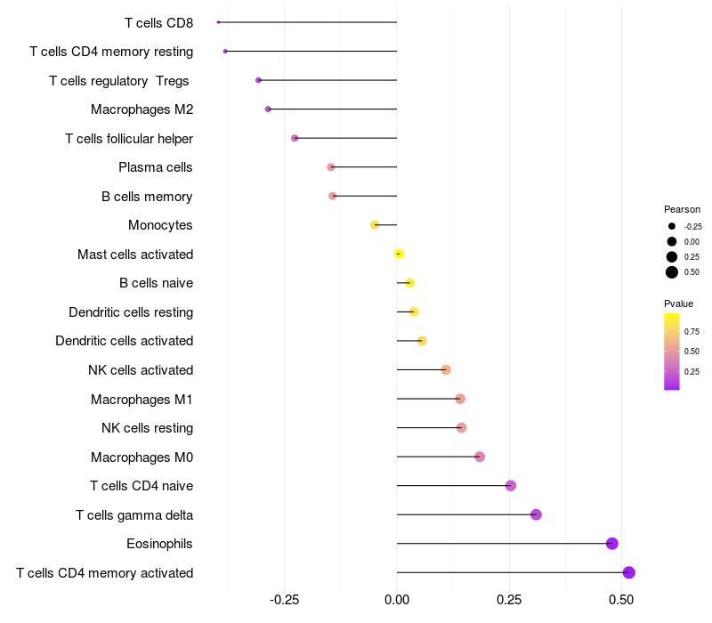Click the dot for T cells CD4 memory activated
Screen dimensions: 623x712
click(x=629, y=572)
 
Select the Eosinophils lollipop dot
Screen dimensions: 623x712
click(x=611, y=544)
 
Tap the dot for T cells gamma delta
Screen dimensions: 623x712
click(x=536, y=514)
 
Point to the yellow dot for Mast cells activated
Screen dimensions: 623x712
click(x=399, y=255)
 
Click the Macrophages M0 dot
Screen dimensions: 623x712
click(x=480, y=457)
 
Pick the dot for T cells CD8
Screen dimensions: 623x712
click(x=218, y=22)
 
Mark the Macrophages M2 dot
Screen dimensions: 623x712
click(x=268, y=109)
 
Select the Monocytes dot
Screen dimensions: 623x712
click(x=375, y=225)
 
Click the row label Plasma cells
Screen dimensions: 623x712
click(x=156, y=167)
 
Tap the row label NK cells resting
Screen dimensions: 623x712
click(x=147, y=428)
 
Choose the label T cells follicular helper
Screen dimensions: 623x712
click(x=129, y=138)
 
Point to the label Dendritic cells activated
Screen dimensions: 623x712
click(x=124, y=341)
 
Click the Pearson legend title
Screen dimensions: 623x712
click(x=682, y=209)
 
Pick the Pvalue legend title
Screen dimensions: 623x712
click(x=679, y=304)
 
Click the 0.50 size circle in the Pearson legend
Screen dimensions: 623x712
click(x=672, y=272)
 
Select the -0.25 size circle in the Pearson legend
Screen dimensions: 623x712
click(x=672, y=226)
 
